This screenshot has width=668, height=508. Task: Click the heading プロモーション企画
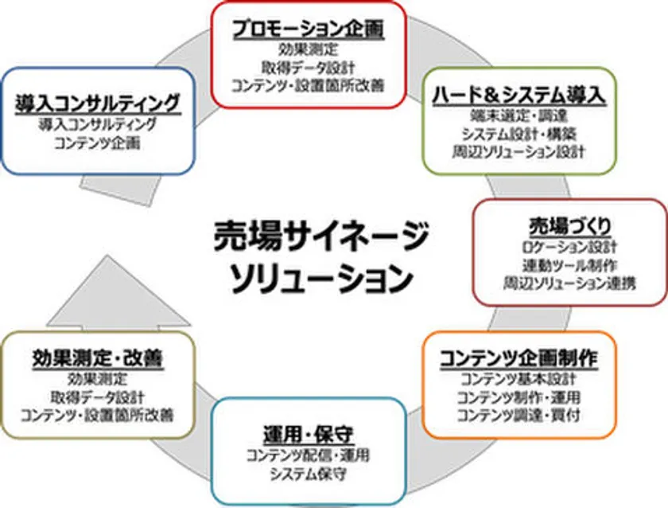(308, 29)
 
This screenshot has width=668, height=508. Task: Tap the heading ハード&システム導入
(518, 95)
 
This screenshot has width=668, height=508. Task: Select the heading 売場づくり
(570, 226)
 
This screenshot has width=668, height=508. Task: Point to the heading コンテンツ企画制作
(518, 359)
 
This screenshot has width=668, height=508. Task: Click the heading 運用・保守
(308, 435)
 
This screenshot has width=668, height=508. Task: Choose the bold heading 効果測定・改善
(98, 359)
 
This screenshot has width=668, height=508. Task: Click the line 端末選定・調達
(518, 115)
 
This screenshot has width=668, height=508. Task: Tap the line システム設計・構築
(518, 134)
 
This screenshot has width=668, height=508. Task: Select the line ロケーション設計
(569, 247)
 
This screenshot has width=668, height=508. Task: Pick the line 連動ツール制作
(569, 265)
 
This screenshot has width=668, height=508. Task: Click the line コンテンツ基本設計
(518, 379)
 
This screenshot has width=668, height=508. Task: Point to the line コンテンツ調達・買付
(518, 415)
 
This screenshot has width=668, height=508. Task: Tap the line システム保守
(308, 474)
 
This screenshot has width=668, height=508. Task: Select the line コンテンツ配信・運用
(308, 455)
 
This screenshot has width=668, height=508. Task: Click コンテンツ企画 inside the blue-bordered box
(98, 143)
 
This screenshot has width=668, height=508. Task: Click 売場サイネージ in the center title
(320, 236)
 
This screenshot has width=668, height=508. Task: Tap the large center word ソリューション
(320, 279)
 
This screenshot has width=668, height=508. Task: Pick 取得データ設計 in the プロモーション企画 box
(308, 68)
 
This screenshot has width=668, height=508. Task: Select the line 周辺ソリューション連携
(569, 283)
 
